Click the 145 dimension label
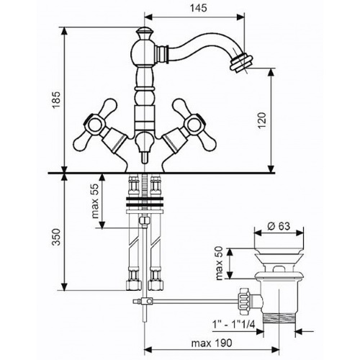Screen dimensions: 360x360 click(x=198, y=8)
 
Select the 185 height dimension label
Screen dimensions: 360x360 click(x=57, y=100)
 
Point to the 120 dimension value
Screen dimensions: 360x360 click(x=262, y=120)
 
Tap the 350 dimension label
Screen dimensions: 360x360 click(x=57, y=237)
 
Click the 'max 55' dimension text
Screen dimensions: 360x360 click(x=96, y=201)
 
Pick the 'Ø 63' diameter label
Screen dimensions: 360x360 click(x=279, y=226)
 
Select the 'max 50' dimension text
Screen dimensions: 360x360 click(x=220, y=264)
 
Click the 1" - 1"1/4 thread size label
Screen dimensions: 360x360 click(x=233, y=325)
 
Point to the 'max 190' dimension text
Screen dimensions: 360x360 click(x=212, y=343)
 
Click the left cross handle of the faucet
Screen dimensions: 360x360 click(x=95, y=125)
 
